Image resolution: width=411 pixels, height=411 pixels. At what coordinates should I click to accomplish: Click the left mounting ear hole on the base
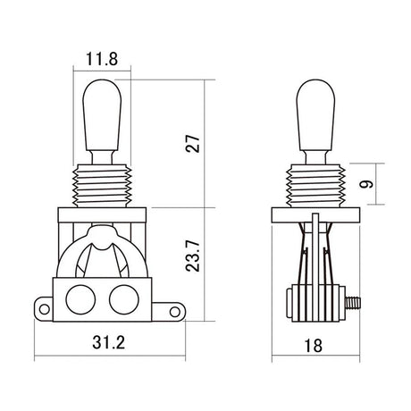point(42,310)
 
